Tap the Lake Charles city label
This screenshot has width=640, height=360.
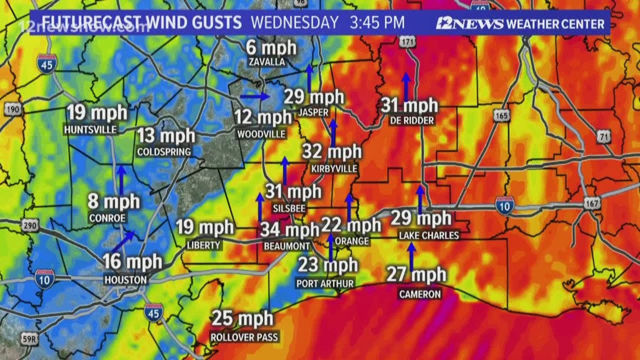429,235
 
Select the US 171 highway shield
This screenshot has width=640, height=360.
407,42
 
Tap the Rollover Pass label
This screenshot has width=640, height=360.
244,338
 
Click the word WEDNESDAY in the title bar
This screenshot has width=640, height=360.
294,23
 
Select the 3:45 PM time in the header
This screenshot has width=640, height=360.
377,23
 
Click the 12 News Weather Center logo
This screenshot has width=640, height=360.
520,24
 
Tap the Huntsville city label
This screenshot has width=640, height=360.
90,130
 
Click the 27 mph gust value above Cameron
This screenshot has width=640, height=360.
416,275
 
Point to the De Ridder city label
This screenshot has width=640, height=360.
410,121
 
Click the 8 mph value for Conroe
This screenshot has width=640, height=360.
113,202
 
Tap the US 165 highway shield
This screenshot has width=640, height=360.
502,115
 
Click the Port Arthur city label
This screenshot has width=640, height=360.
325,284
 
